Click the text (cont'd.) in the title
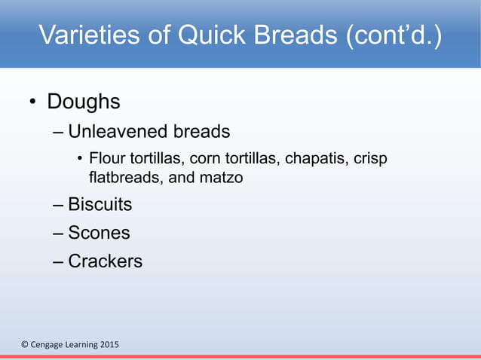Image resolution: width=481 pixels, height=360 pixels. tap(394, 35)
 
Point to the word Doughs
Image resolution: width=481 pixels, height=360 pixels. tap(84, 101)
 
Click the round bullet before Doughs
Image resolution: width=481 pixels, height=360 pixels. tap(32, 102)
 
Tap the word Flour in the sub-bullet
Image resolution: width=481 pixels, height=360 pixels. tap(105, 159)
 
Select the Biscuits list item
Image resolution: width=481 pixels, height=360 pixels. tap(100, 204)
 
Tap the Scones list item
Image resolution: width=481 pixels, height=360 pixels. tap(99, 233)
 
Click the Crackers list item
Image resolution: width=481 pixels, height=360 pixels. tap(105, 261)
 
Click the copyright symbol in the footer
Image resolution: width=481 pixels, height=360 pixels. tap(24, 345)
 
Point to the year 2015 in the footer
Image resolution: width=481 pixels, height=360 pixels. tap(107, 345)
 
